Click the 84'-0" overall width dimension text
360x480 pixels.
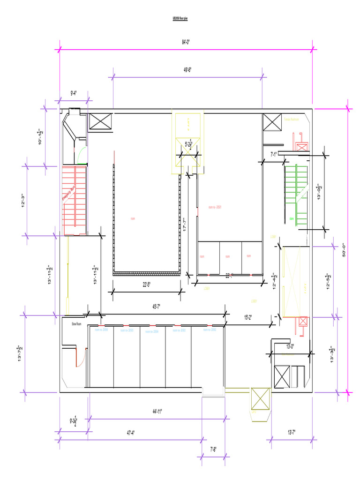coord(186,42)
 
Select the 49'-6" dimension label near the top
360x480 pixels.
coord(187,70)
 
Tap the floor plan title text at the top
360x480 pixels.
coord(180,18)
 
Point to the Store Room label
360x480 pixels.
coord(77,324)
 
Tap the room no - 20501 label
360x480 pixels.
coord(215,207)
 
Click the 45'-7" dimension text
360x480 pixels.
coord(157,307)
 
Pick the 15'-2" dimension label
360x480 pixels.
coord(248,317)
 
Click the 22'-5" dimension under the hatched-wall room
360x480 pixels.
coord(147,285)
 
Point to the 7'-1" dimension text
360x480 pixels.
coord(274,154)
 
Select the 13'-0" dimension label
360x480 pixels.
coord(290,346)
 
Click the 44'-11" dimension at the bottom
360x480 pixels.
coord(157,412)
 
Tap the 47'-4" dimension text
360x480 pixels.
coord(130,433)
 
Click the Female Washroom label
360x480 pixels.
coord(291,120)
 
